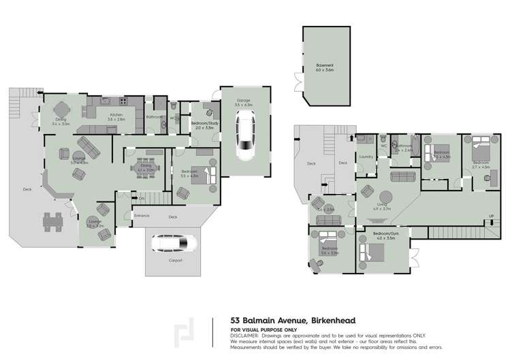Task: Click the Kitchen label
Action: point(116,115)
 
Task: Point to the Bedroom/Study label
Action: point(204,122)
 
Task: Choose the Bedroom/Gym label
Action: point(385,234)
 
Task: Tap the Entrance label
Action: point(142,216)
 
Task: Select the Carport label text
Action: point(175,260)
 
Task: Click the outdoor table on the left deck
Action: point(51,221)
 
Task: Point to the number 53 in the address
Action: point(235,321)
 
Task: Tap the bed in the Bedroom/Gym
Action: point(372,254)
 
